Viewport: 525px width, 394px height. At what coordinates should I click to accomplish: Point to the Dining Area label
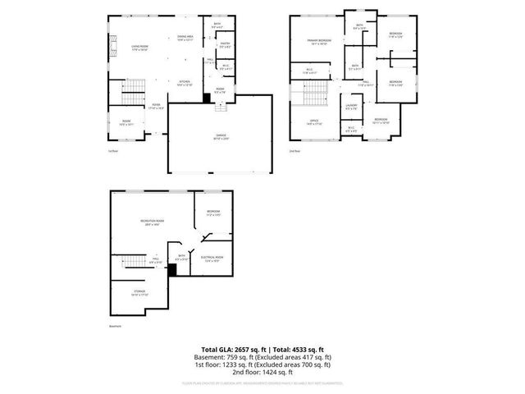click(185, 38)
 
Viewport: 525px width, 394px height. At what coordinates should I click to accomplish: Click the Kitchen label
click(185, 83)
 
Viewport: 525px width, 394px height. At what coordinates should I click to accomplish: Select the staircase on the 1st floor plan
click(132, 90)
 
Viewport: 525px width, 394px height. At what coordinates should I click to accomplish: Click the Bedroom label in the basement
click(212, 213)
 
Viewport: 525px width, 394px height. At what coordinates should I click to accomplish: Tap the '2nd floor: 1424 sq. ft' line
click(262, 372)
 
